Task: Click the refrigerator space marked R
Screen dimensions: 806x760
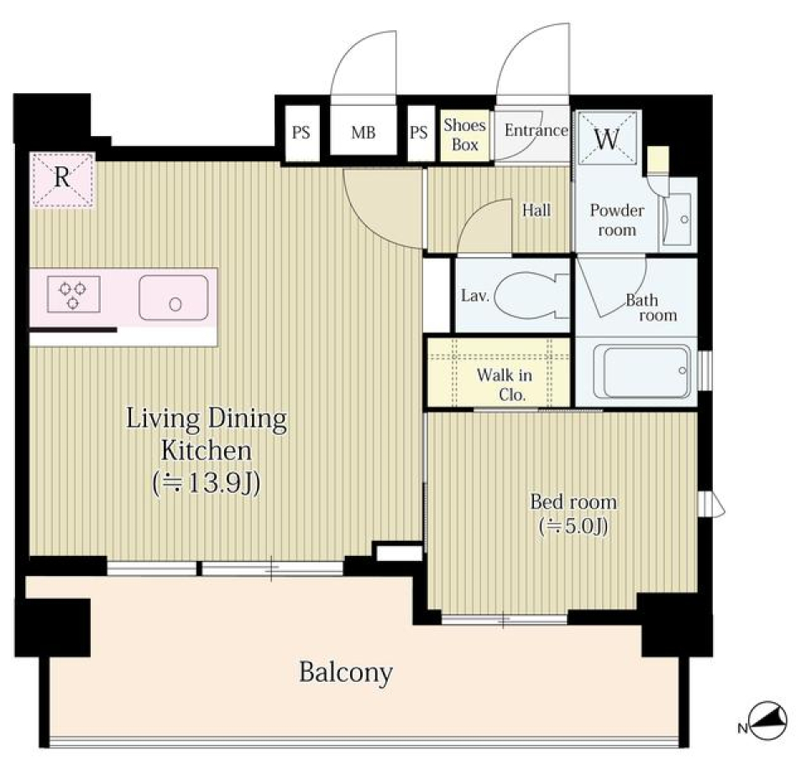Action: click(63, 180)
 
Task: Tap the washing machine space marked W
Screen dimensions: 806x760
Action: click(608, 138)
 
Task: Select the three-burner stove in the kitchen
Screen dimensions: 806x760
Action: click(74, 294)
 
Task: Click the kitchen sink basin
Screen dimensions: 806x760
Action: click(174, 298)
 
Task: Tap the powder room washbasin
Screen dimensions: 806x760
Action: click(677, 218)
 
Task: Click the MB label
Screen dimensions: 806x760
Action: click(364, 133)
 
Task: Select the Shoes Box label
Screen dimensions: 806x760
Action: click(464, 134)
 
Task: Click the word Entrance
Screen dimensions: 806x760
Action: click(536, 130)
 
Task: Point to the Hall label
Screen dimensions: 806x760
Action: click(536, 210)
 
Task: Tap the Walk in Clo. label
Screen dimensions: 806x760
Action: click(505, 385)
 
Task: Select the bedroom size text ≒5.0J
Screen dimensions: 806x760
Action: click(573, 526)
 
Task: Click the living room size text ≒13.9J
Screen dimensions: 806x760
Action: click(207, 483)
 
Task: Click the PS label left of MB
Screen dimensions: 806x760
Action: click(301, 133)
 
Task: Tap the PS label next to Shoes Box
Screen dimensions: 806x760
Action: click(418, 133)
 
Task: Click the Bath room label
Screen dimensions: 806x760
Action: click(651, 307)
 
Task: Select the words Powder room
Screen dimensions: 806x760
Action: click(617, 219)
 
